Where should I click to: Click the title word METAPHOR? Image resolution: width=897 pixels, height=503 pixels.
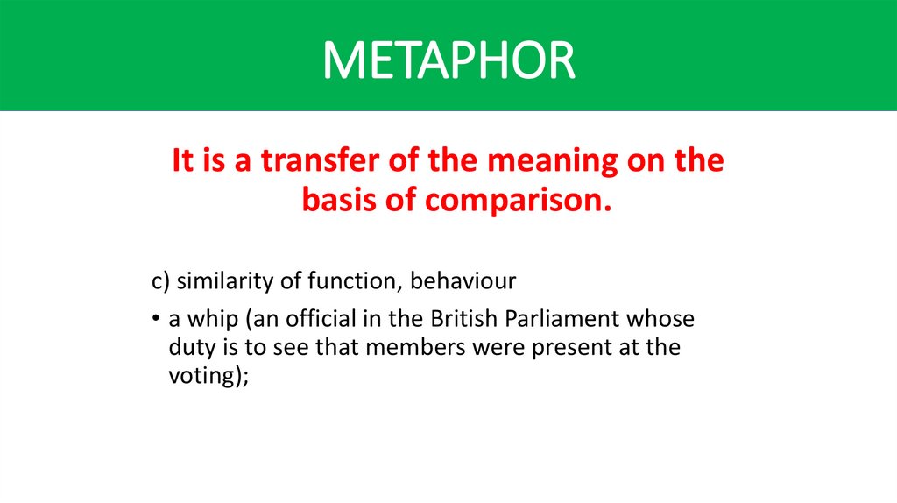coord(448,60)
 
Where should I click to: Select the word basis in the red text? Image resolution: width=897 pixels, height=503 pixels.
coord(338,200)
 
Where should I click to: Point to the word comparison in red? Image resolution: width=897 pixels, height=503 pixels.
coord(519,202)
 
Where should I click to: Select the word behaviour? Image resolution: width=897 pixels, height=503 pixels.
coord(463,282)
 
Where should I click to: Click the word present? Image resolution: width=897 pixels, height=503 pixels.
coord(579,348)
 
